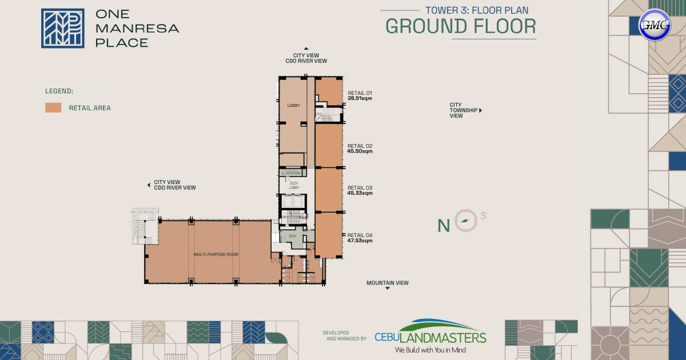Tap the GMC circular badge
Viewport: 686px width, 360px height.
(654, 25)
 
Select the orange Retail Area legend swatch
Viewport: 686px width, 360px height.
(53, 107)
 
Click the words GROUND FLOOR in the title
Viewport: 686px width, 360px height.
(461, 26)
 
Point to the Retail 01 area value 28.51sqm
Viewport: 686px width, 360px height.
(360, 98)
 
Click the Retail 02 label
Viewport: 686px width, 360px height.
(360, 146)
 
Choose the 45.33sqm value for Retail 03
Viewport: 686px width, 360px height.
(360, 193)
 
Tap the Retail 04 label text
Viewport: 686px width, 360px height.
(360, 235)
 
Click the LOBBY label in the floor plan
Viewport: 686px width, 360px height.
(294, 106)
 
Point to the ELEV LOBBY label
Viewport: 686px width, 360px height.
(294, 185)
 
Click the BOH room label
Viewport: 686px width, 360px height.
(292, 236)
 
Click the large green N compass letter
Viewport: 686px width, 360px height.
(444, 226)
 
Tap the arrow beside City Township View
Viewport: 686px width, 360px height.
(481, 110)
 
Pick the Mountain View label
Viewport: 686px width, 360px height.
(388, 283)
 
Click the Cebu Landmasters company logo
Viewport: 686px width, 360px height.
(430, 335)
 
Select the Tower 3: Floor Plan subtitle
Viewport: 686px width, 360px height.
(477, 10)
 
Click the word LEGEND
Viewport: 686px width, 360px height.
(59, 91)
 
